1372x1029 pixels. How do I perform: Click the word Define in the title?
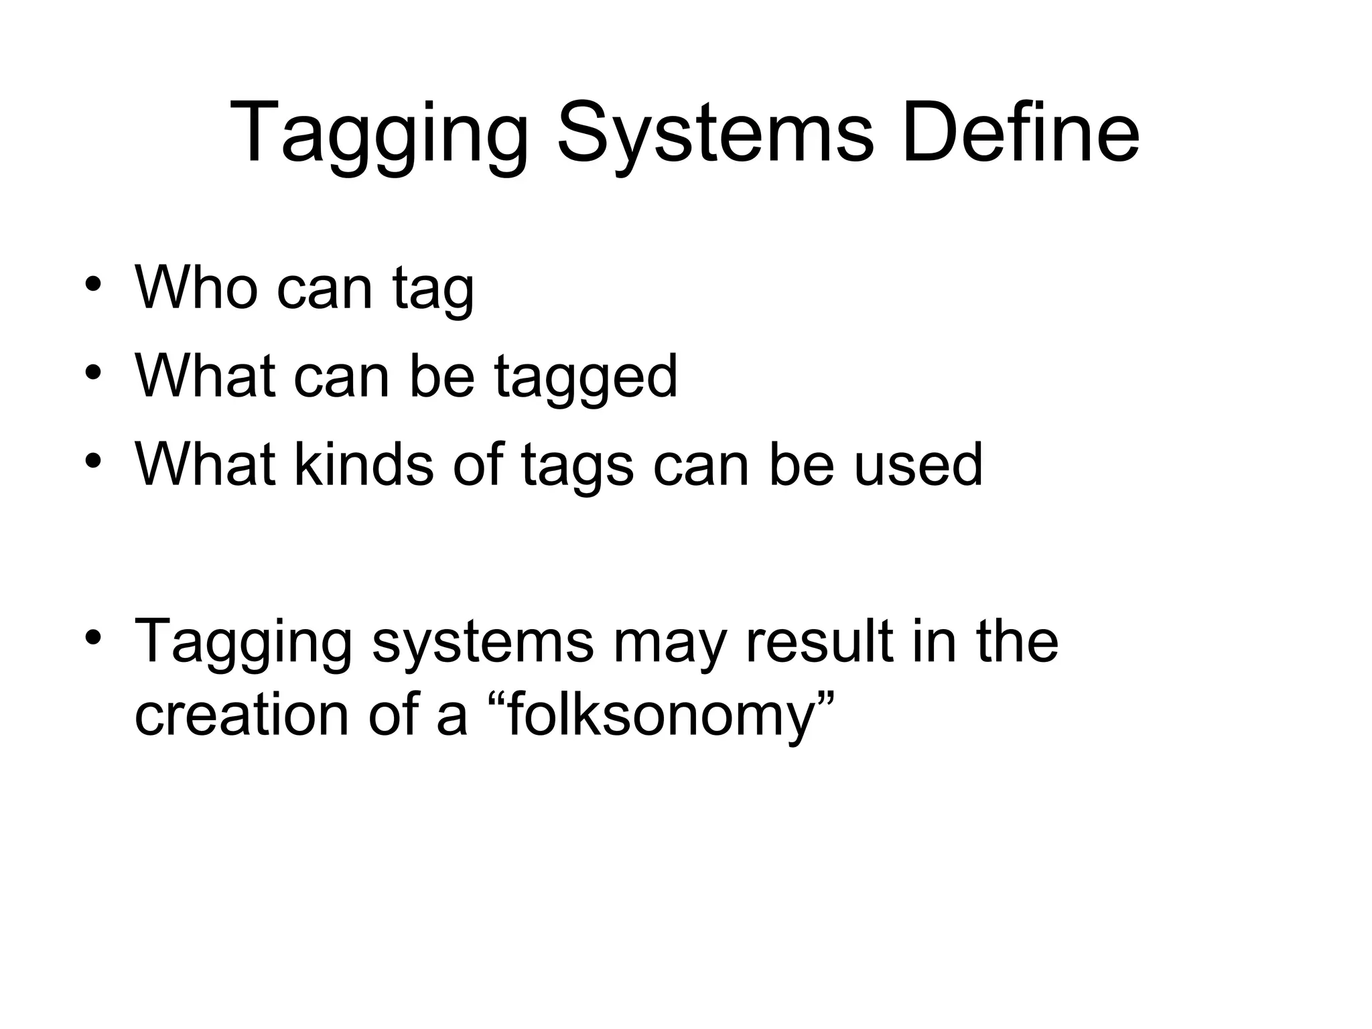[x=1020, y=132]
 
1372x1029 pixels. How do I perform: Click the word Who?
[x=196, y=288]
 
